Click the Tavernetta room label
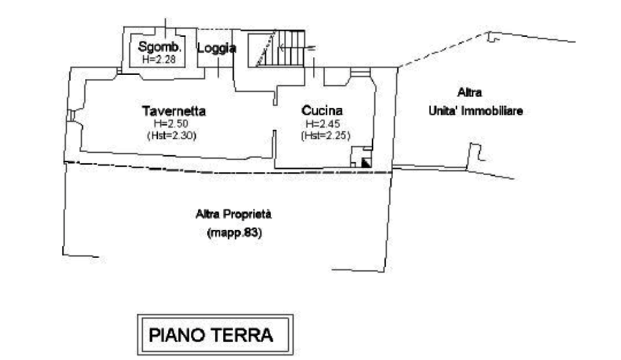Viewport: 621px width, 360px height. pyautogui.click(x=175, y=112)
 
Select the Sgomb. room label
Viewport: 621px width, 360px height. pyautogui.click(x=158, y=47)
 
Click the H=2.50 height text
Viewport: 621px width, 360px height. pyautogui.click(x=172, y=124)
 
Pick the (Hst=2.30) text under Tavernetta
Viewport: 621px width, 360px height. pyautogui.click(x=173, y=136)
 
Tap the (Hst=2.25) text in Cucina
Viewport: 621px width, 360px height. pyautogui.click(x=325, y=136)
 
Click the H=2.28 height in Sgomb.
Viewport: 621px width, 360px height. pyautogui.click(x=158, y=59)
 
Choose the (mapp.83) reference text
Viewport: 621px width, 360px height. pyautogui.click(x=236, y=232)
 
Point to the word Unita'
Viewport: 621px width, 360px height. pyautogui.click(x=443, y=112)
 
